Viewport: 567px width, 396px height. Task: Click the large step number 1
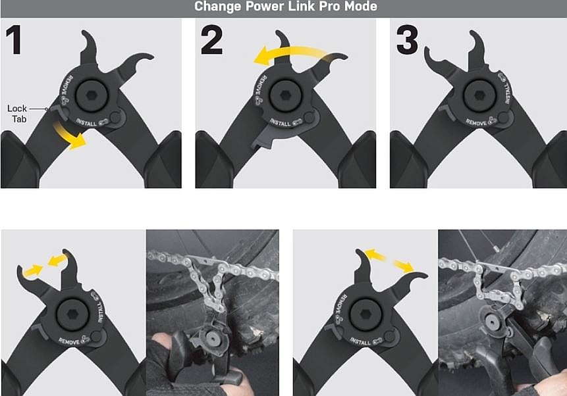[14, 39]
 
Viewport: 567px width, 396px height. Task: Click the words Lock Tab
[17, 113]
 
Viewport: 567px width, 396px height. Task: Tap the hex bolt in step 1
[92, 95]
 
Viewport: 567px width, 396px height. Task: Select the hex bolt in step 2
[286, 95]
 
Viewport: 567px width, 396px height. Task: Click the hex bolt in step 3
[479, 95]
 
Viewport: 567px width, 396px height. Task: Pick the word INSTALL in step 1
[86, 122]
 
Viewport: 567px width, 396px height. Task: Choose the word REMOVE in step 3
[476, 122]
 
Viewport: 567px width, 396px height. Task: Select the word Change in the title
[217, 7]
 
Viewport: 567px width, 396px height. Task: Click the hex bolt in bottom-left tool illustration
[72, 314]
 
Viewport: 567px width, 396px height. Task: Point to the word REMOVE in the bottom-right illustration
[340, 305]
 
